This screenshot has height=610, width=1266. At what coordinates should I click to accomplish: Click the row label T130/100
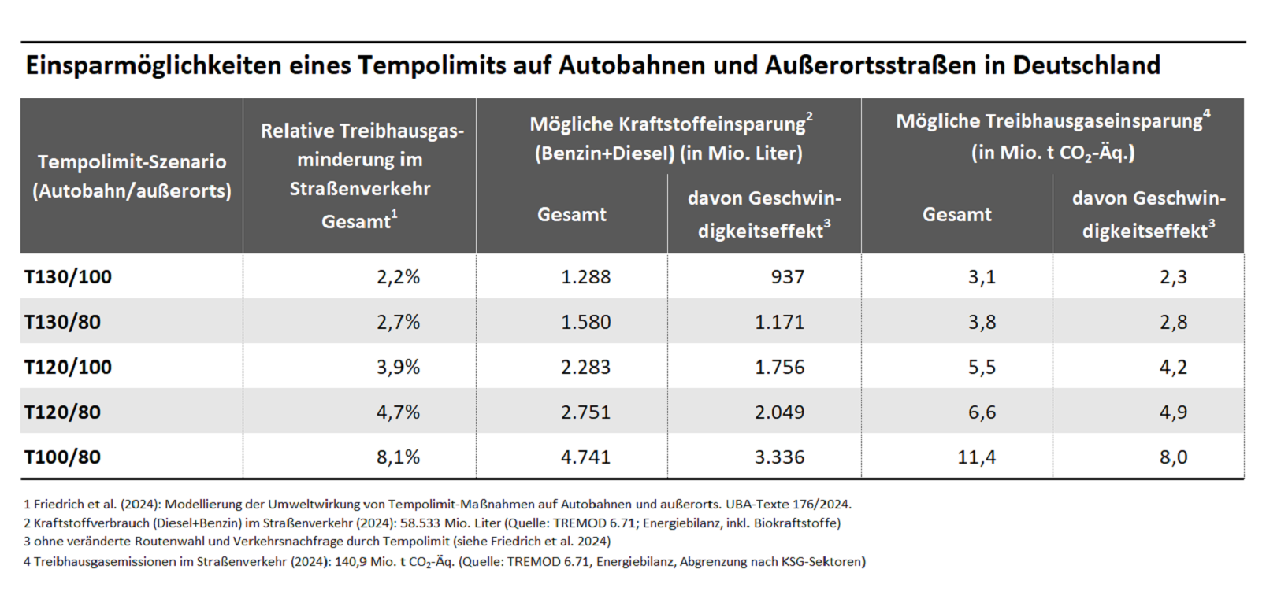69,277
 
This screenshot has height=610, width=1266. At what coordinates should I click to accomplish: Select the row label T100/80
63,457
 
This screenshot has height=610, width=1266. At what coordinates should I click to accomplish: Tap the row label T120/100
69,367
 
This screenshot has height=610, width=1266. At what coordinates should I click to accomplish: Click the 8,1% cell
398,457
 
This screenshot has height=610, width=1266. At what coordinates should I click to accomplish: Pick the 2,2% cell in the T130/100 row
398,277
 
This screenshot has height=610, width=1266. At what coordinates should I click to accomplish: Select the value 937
788,277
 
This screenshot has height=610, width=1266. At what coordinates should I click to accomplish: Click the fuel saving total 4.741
585,457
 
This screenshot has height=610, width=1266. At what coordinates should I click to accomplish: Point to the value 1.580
585,322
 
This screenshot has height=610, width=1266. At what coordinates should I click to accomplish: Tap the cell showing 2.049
779,412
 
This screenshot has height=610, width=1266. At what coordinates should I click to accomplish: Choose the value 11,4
976,457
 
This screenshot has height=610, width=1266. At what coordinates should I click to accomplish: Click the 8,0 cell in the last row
1173,457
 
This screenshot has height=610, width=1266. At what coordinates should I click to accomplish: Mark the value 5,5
982,367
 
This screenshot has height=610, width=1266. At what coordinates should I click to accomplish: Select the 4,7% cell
398,412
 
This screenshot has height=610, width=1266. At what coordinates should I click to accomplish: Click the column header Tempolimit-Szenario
132,162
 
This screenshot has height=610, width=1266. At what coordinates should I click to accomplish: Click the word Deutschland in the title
1086,65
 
